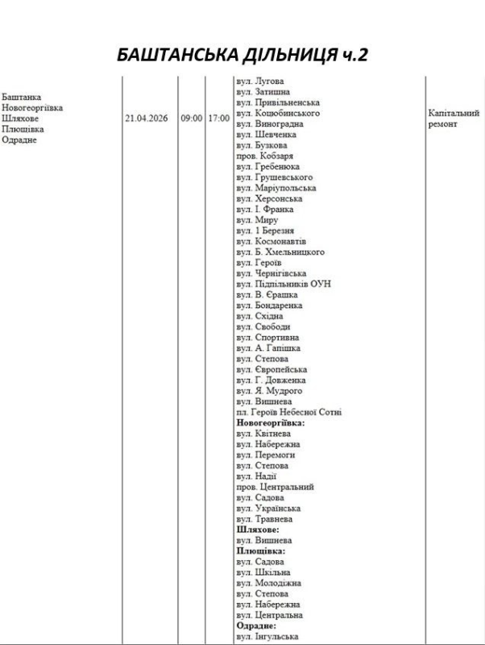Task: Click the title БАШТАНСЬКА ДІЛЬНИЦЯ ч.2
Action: (242, 55)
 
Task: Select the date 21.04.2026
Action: (147, 118)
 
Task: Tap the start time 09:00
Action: (191, 118)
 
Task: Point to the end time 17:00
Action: (218, 118)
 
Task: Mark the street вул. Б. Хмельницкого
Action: (280, 252)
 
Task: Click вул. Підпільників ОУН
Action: (284, 284)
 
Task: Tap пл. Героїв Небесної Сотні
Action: (288, 412)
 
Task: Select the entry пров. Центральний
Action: (275, 487)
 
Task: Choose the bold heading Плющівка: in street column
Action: (260, 551)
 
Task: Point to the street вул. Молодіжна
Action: (268, 583)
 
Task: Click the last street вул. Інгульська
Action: (268, 636)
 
